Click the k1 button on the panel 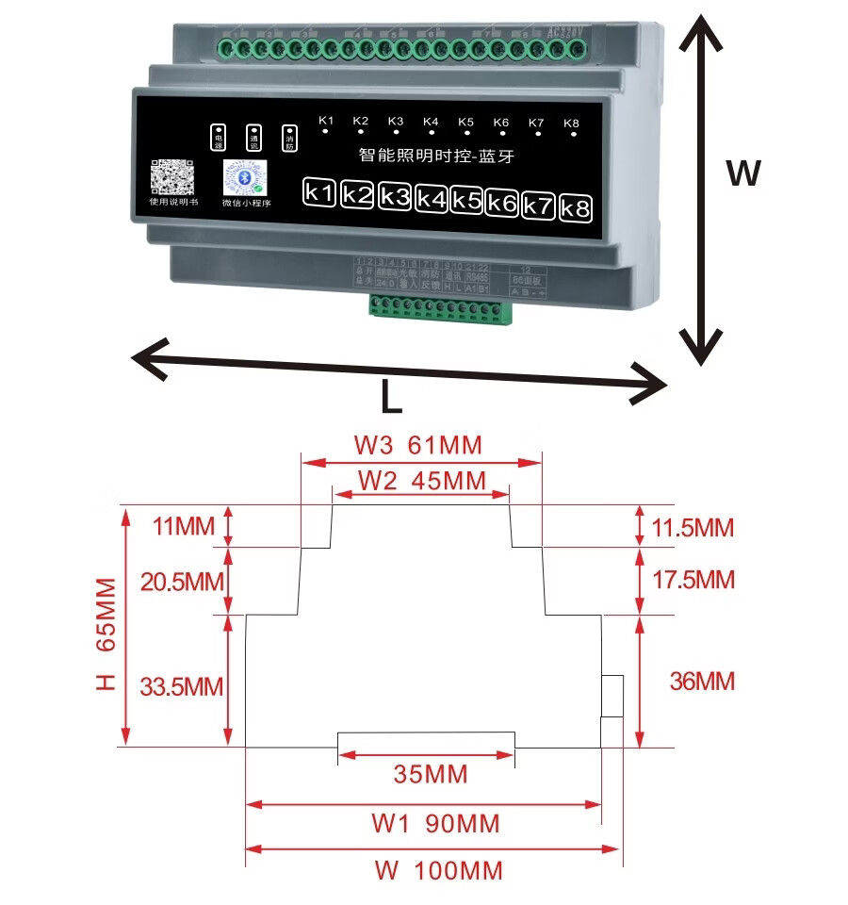(319, 193)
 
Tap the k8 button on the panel (575, 208)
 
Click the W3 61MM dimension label (417, 444)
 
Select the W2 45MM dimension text (421, 480)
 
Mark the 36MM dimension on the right (701, 681)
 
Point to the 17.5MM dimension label (693, 579)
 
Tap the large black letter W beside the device (742, 173)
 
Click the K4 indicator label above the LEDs (431, 121)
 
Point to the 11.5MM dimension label (693, 527)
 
